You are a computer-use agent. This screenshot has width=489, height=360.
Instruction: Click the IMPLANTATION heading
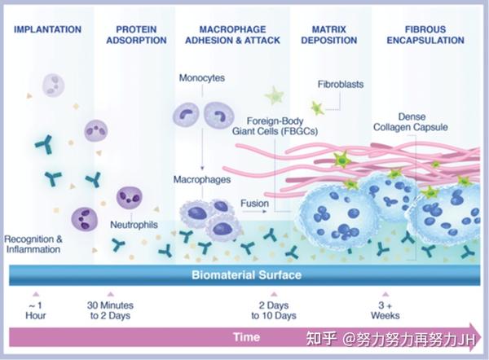pyautogui.click(x=48, y=30)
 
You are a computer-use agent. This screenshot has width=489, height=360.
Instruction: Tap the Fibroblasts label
pyautogui.click(x=340, y=83)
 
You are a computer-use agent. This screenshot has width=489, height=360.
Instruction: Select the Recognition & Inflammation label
pyautogui.click(x=33, y=244)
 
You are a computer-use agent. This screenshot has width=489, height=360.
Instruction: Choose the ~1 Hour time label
pyautogui.click(x=34, y=310)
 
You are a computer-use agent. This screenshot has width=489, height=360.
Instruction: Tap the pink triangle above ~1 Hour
pyautogui.click(x=34, y=292)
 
